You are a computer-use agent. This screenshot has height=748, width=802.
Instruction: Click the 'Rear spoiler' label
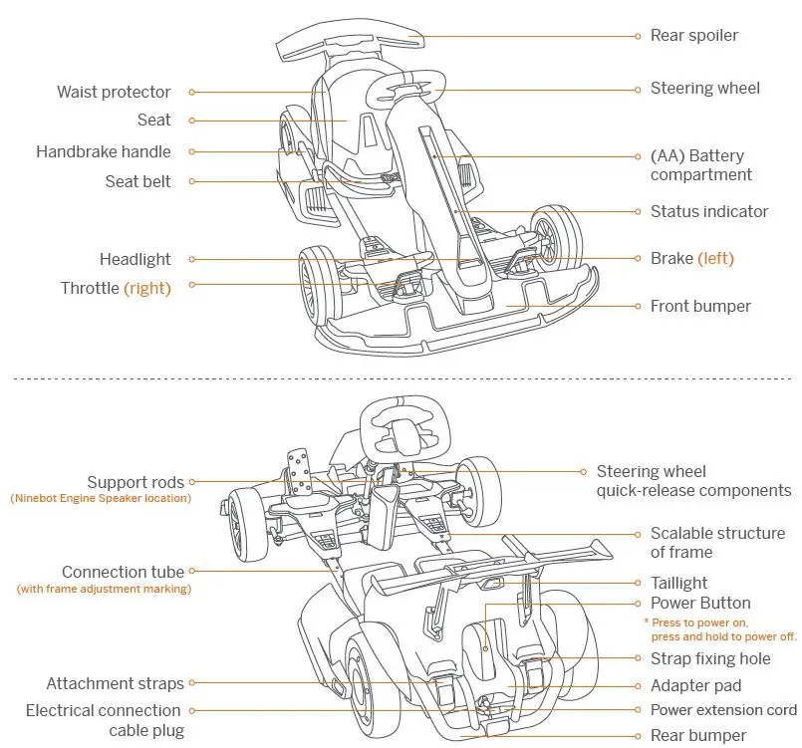[x=694, y=35]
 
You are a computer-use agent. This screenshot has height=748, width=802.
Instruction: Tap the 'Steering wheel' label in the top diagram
[x=704, y=88]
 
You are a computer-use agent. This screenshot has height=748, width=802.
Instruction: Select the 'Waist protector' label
[x=114, y=92]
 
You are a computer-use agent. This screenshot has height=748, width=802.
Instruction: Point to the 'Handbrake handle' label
[x=104, y=151]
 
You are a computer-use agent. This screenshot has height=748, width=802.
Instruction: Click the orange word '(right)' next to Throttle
[x=147, y=288]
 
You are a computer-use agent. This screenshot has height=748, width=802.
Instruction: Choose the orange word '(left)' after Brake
[x=715, y=258]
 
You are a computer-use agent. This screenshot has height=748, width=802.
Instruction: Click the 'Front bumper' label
[x=700, y=306]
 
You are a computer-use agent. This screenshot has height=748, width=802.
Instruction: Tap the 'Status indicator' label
[x=709, y=211]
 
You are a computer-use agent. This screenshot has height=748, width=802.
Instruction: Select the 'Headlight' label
[x=135, y=259]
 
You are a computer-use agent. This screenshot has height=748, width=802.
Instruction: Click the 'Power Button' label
[x=700, y=603]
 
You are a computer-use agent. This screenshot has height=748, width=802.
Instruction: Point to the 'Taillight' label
[x=679, y=583]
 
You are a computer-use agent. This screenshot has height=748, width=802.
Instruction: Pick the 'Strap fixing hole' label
[x=710, y=658]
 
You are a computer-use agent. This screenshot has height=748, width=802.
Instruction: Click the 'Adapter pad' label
[x=695, y=685]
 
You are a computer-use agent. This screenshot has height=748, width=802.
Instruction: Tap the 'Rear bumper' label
[x=697, y=735]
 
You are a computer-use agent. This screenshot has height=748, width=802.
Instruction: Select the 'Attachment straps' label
[x=116, y=683]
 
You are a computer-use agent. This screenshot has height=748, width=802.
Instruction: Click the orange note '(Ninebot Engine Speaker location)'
[x=101, y=498]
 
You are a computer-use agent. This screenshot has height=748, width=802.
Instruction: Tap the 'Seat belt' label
[x=138, y=181]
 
